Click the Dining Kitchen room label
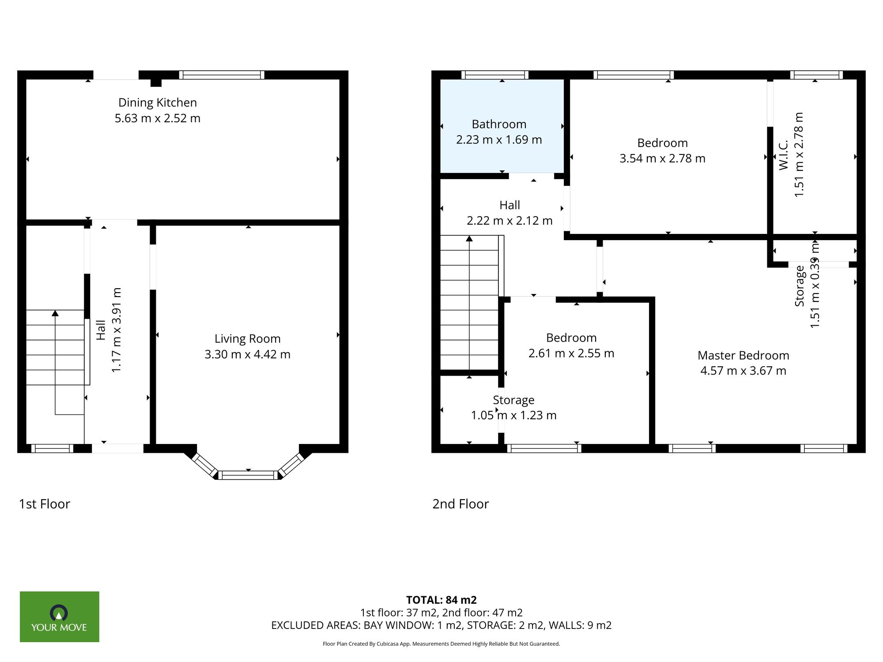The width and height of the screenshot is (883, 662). pyautogui.click(x=158, y=102)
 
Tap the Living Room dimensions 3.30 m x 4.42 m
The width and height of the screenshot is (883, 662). pyautogui.click(x=247, y=354)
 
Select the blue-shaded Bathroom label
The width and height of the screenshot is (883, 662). pyautogui.click(x=499, y=124)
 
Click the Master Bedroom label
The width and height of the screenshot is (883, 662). pyautogui.click(x=743, y=355)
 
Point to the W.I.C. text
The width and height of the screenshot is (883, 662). pyautogui.click(x=784, y=155)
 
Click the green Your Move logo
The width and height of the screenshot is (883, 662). pyautogui.click(x=59, y=617)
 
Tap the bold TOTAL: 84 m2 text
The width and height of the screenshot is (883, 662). pyautogui.click(x=441, y=600)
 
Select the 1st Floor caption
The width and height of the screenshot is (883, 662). pyautogui.click(x=45, y=504)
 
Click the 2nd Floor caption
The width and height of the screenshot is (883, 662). pyautogui.click(x=460, y=504)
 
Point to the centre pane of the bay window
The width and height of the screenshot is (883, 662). pyautogui.click(x=248, y=475)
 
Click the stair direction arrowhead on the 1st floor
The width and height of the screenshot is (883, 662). pyautogui.click(x=55, y=313)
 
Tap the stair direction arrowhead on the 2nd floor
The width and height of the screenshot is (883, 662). pyautogui.click(x=469, y=239)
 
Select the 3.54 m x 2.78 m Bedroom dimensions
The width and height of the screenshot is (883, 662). pyautogui.click(x=662, y=158)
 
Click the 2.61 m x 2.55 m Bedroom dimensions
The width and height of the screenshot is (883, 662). pyautogui.click(x=571, y=353)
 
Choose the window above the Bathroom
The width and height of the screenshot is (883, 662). pyautogui.click(x=494, y=75)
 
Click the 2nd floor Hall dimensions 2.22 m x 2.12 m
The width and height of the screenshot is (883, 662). pyautogui.click(x=509, y=221)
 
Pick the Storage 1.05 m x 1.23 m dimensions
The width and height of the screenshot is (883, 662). pyautogui.click(x=513, y=415)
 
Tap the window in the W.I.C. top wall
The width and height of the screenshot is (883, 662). pyautogui.click(x=816, y=75)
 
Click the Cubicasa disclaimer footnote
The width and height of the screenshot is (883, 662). pyautogui.click(x=441, y=644)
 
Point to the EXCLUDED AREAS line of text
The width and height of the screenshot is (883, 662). pyautogui.click(x=441, y=625)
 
